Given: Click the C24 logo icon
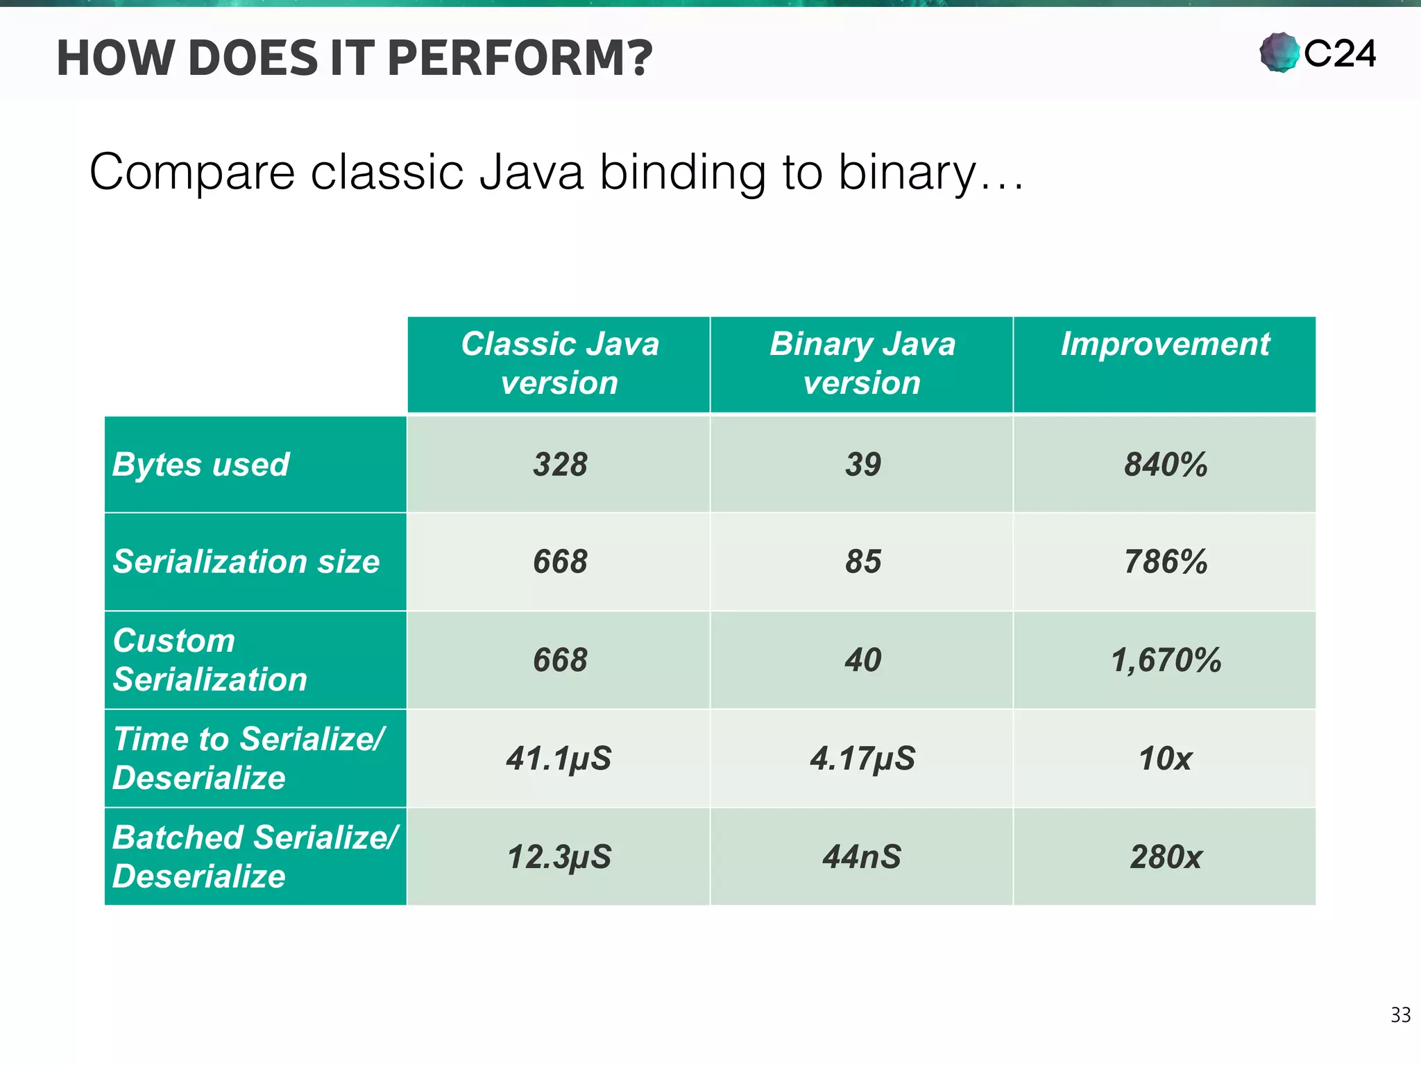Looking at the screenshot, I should click(1279, 53).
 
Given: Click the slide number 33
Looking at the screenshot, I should click(1400, 1014).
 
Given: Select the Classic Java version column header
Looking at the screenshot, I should click(559, 364).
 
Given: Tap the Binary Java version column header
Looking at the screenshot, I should click(862, 364).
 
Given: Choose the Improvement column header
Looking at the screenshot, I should click(1165, 345).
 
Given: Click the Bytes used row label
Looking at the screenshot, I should click(201, 465).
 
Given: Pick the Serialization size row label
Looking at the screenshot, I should click(246, 562).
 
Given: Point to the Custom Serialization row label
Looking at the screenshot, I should click(210, 660).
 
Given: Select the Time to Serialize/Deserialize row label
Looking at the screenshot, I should click(248, 759).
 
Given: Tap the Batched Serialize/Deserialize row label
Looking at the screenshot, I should click(255, 857).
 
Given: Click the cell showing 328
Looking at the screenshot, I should click(560, 465).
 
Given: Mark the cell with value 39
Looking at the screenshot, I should click(862, 465).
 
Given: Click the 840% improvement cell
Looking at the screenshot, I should click(1166, 465).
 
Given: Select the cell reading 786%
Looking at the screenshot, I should click(1166, 562).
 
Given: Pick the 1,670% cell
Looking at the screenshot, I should click(1166, 660).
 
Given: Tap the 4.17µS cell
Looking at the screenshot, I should click(862, 759).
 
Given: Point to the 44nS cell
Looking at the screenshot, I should click(862, 857).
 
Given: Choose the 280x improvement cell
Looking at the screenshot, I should click(1166, 857).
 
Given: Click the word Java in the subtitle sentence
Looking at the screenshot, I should click(531, 172).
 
